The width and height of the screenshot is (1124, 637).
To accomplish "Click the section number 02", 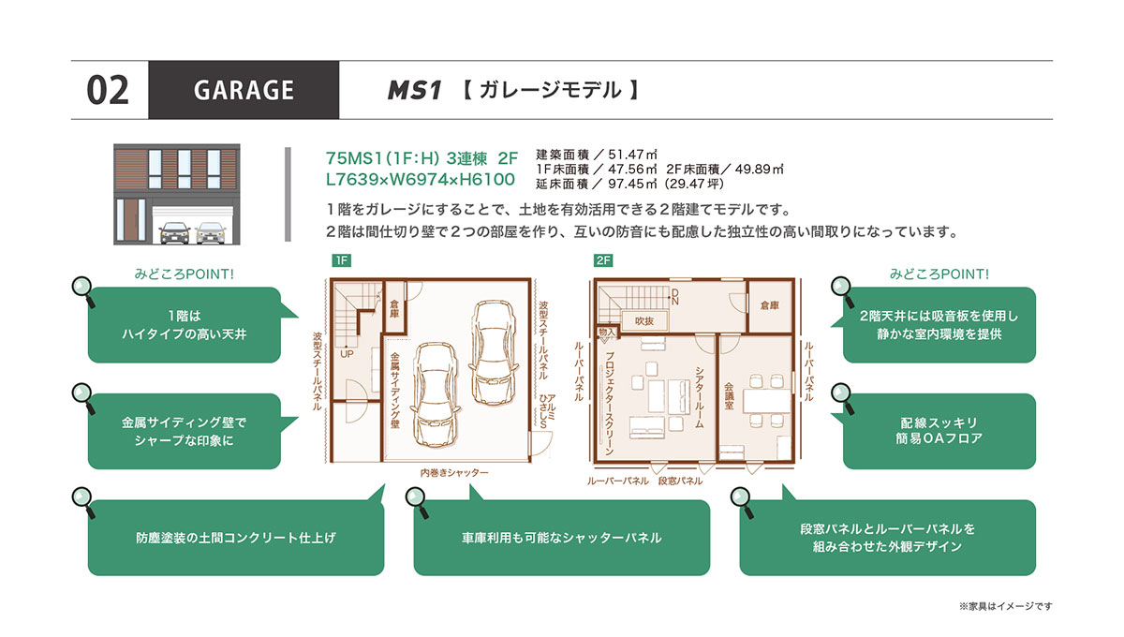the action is pyautogui.click(x=108, y=90).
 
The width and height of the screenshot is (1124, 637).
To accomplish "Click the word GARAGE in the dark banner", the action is pyautogui.click(x=244, y=90).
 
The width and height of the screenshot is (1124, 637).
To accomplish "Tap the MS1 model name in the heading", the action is pyautogui.click(x=414, y=90).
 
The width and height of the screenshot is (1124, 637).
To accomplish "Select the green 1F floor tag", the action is pyautogui.click(x=341, y=260).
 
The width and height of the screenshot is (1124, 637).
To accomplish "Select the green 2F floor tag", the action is pyautogui.click(x=603, y=260).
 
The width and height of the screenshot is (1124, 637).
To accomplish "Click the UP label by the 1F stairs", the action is pyautogui.click(x=347, y=353).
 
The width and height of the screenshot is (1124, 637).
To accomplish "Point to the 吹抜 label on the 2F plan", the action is pyautogui.click(x=644, y=320).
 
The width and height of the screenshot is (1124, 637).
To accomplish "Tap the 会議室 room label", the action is pyautogui.click(x=729, y=396).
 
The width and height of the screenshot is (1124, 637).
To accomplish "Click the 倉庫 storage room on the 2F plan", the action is pyautogui.click(x=770, y=304).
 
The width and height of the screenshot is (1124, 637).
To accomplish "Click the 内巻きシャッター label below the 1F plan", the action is pyautogui.click(x=454, y=472).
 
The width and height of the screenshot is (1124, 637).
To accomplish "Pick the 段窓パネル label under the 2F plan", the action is pyautogui.click(x=680, y=481).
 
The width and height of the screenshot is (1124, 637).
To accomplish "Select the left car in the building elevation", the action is pyautogui.click(x=174, y=233).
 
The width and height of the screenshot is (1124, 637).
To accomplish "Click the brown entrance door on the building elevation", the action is pyautogui.click(x=131, y=220).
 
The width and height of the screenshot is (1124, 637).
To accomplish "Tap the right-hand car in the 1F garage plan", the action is pyautogui.click(x=493, y=352).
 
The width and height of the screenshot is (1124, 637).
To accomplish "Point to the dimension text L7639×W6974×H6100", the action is pyautogui.click(x=421, y=179).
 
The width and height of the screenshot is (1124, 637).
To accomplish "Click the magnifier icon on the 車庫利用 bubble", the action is pyautogui.click(x=418, y=502).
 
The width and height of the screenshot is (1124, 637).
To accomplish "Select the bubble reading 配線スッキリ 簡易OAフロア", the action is pyautogui.click(x=939, y=431).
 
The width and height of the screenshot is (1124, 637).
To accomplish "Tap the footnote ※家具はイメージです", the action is pyautogui.click(x=1006, y=606).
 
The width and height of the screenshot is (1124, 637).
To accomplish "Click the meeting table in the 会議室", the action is pyautogui.click(x=767, y=401).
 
